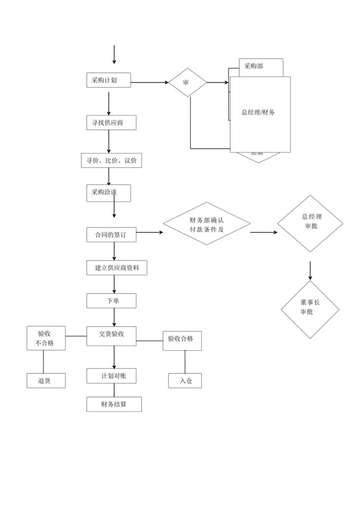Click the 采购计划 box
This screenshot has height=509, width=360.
(108, 80)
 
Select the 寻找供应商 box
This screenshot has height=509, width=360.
(112, 123)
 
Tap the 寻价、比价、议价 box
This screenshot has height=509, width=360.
(111, 160)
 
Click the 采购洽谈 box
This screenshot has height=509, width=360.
(108, 193)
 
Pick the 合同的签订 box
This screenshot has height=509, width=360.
(111, 235)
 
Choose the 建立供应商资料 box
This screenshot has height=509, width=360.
(117, 268)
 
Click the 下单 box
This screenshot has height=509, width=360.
(111, 301)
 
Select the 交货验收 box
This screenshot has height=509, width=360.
(111, 336)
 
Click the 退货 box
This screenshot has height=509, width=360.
(46, 381)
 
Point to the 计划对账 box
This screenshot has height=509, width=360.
(111, 376)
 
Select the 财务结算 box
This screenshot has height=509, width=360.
(114, 405)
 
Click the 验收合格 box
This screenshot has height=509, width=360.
(182, 340)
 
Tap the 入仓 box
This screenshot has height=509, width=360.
(185, 381)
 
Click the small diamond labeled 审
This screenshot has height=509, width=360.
(187, 83)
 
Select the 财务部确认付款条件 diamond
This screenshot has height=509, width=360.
(207, 223)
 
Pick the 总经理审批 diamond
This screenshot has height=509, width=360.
(310, 223)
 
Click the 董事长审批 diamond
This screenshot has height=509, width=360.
(310, 309)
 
